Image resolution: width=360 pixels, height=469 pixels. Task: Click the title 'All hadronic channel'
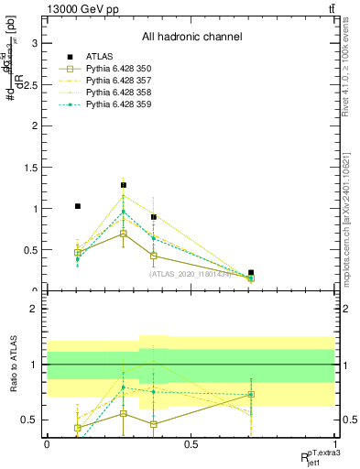coord(191,38)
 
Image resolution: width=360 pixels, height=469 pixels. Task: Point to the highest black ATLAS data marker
coord(123,185)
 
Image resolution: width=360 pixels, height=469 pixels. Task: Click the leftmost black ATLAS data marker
coord(78,206)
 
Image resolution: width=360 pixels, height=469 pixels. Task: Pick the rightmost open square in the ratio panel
coord(251,395)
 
